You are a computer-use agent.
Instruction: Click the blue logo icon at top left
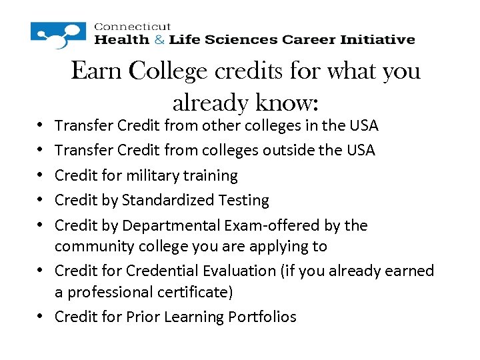(x=59, y=35)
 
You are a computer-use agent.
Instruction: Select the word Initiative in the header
(x=379, y=39)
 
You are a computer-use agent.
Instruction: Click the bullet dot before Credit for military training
(x=42, y=176)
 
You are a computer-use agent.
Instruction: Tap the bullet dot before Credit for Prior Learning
(x=42, y=317)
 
